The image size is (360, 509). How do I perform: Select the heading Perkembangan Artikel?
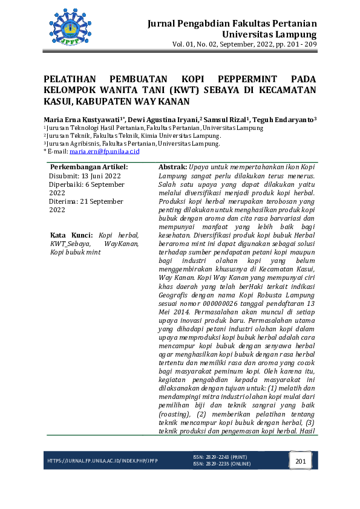coord(89,166)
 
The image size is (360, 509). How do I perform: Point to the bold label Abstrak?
coord(172,166)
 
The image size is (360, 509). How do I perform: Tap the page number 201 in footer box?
coord(301,462)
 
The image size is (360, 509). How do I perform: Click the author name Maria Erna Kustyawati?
coord(81,120)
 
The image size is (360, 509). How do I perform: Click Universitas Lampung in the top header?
coord(270,34)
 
